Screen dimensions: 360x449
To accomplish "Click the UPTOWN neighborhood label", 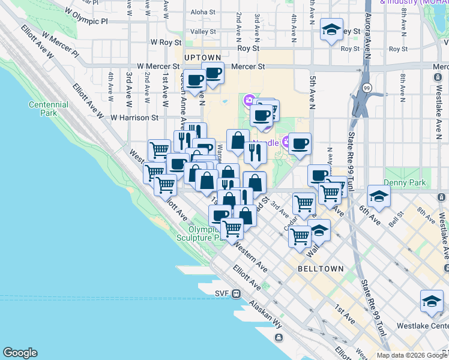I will (x=200, y=57).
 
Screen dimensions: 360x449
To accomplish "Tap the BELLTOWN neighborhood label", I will (x=321, y=269).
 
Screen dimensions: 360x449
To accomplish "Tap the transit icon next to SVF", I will (x=237, y=294).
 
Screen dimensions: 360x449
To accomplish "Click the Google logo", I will (x=20, y=353).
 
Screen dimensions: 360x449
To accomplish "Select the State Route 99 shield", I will (x=367, y=88).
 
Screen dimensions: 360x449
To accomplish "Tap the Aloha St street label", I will (x=202, y=12).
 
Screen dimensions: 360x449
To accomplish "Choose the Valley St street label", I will (x=203, y=31).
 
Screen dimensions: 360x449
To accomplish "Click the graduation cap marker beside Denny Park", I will (x=379, y=196).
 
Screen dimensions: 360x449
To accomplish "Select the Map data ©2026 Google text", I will (x=411, y=355).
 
